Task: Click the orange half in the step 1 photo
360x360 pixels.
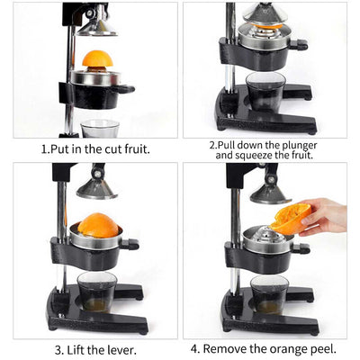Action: pyautogui.click(x=97, y=59)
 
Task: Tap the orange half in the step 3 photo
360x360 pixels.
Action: pyautogui.click(x=98, y=225)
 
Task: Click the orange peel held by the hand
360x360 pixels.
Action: pyautogui.click(x=292, y=217)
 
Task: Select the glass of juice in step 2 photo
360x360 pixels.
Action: pyautogui.click(x=265, y=92)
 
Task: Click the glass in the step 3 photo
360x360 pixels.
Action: pyautogui.click(x=95, y=291)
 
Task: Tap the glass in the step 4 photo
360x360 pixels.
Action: pyautogui.click(x=268, y=293)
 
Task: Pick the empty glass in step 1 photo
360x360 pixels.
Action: pyautogui.click(x=99, y=128)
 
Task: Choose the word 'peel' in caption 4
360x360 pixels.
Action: pyautogui.click(x=324, y=349)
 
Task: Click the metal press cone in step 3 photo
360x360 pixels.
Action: pyautogui.click(x=96, y=188)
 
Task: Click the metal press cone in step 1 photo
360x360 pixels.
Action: pyautogui.click(x=96, y=26)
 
